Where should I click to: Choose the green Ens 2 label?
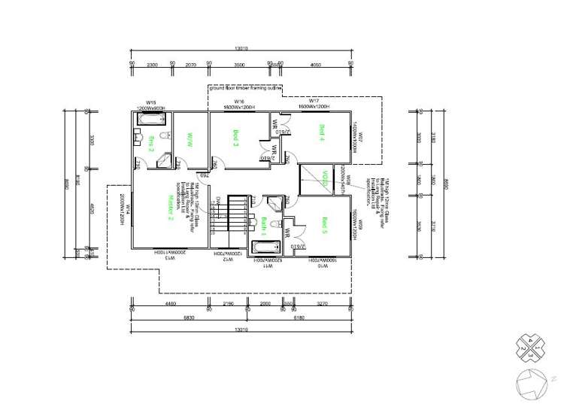pos(151,143)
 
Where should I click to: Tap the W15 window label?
pos(150,102)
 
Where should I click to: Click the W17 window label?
pos(314,101)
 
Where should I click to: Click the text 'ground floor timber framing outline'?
pos(246,88)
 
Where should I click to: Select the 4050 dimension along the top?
pos(316,65)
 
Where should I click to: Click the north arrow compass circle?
pos(531,382)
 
